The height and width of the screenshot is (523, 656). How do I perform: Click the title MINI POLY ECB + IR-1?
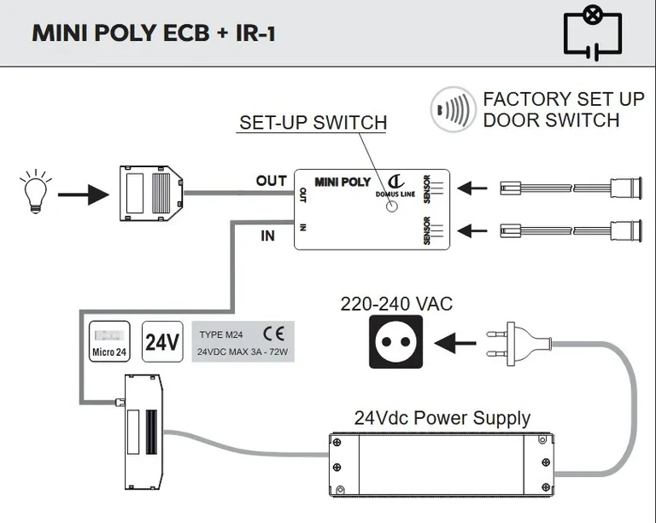(x=154, y=33)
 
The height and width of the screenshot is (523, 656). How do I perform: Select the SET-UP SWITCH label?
(x=313, y=123)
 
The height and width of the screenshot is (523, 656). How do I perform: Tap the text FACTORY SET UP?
(x=563, y=99)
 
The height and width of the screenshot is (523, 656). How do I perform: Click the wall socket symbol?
(x=395, y=341)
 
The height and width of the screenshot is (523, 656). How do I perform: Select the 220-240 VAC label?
(x=396, y=304)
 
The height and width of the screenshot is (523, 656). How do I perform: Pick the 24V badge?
(x=161, y=342)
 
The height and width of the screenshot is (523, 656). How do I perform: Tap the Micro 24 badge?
(x=109, y=342)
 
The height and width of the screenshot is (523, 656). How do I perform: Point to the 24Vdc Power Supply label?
(x=442, y=418)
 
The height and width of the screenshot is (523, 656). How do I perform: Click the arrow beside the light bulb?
(x=82, y=195)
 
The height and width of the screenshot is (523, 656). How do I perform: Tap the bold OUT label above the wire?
(x=271, y=181)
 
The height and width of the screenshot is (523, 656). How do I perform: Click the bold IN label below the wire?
(x=267, y=235)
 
